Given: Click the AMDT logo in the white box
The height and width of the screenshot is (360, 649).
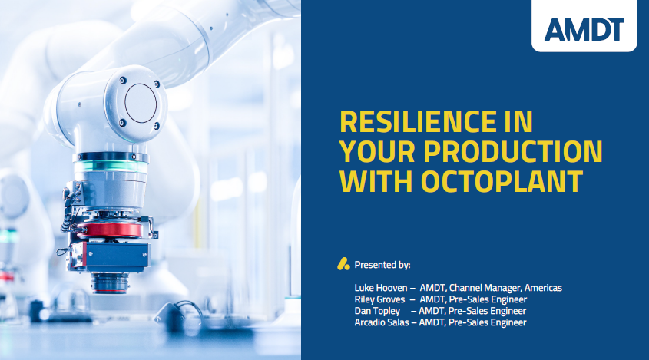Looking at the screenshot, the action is pyautogui.click(x=584, y=29).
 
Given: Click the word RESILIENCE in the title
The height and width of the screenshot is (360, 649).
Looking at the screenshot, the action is pyautogui.click(x=417, y=121).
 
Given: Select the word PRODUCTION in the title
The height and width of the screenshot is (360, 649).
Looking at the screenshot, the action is pyautogui.click(x=513, y=151).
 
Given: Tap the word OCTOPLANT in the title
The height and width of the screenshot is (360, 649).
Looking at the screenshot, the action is pyautogui.click(x=502, y=181).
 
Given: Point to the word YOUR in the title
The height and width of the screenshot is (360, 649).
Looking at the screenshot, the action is pyautogui.click(x=377, y=151).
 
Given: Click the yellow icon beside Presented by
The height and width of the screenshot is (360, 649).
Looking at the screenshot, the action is pyautogui.click(x=343, y=264).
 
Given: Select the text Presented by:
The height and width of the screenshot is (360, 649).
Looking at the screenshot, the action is pyautogui.click(x=382, y=265).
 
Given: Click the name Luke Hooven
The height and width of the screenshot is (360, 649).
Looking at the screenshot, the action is pyautogui.click(x=381, y=288).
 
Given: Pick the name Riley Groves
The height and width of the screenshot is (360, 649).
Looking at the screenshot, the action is pyautogui.click(x=379, y=299).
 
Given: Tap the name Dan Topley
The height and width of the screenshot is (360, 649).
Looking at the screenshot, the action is pyautogui.click(x=377, y=311).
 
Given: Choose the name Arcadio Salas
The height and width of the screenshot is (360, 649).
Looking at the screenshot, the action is pyautogui.click(x=382, y=322).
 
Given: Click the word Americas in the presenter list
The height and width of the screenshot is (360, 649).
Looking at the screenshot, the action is pyautogui.click(x=543, y=288).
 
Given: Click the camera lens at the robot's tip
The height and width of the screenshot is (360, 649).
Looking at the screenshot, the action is pyautogui.click(x=110, y=282).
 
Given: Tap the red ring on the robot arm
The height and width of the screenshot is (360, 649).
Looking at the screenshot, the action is pyautogui.click(x=110, y=230).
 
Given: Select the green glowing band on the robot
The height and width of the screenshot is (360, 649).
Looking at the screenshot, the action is pyautogui.click(x=111, y=167).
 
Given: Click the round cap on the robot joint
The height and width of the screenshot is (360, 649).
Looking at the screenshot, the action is pyautogui.click(x=141, y=103).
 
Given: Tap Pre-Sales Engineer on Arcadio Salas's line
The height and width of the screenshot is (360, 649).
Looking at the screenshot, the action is pyautogui.click(x=487, y=322).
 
